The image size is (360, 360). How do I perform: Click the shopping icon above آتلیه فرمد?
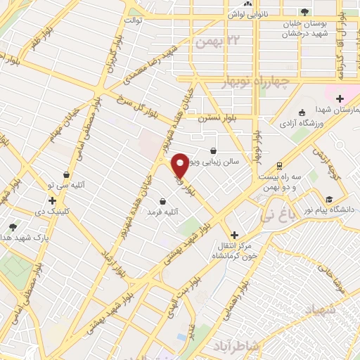162,201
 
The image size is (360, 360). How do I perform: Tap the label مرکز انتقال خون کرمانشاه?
234,250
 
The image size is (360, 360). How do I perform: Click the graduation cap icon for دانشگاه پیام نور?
329,199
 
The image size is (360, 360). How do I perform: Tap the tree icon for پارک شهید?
13,227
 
